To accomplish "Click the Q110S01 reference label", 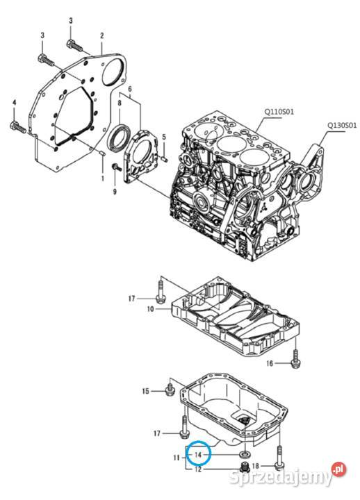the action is (279, 112).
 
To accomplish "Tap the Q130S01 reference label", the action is (342, 125).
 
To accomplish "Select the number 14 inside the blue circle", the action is (198, 455).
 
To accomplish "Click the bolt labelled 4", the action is (18, 127).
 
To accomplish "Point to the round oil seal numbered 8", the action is (120, 138).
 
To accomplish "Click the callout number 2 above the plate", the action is (101, 35).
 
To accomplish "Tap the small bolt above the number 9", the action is (115, 167).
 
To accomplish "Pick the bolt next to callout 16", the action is (295, 360).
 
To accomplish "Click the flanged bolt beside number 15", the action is (170, 390).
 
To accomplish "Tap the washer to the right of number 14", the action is (245, 453).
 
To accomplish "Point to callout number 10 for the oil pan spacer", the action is (151, 308).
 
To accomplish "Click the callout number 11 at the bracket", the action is (177, 458).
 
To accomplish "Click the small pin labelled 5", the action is (164, 157).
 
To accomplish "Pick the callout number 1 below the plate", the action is (102, 178).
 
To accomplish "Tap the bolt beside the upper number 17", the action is (161, 290).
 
